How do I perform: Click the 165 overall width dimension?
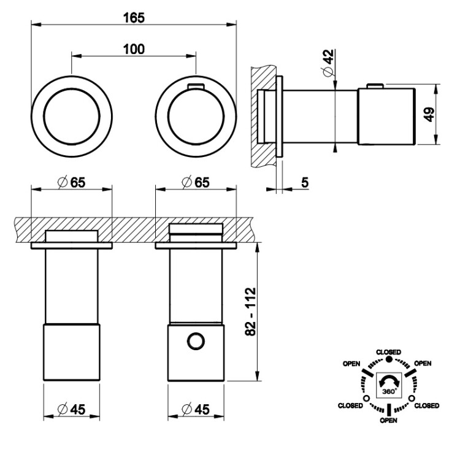tap(133, 17)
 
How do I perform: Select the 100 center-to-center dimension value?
tap(133, 49)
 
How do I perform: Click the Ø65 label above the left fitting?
tap(72, 182)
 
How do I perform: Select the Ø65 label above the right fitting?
tap(196, 182)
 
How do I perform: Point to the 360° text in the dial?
tap(389, 390)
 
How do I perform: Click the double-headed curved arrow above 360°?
tap(389, 380)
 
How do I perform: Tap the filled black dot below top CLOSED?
tap(389, 358)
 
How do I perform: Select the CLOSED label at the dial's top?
tap(389, 351)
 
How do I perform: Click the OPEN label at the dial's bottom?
tap(389, 421)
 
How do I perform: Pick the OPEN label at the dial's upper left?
tap(351, 362)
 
